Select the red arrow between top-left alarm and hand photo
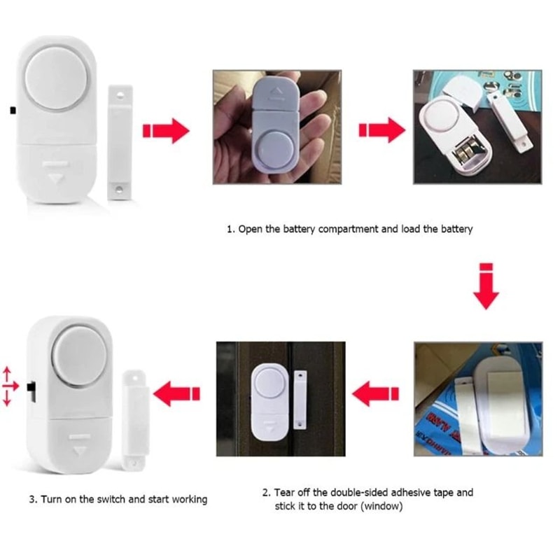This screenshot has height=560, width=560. [165, 130]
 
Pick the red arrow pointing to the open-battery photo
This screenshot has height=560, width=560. [381, 130]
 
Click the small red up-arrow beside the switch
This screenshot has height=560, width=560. [7, 371]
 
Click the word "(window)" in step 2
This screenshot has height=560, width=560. [381, 505]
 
